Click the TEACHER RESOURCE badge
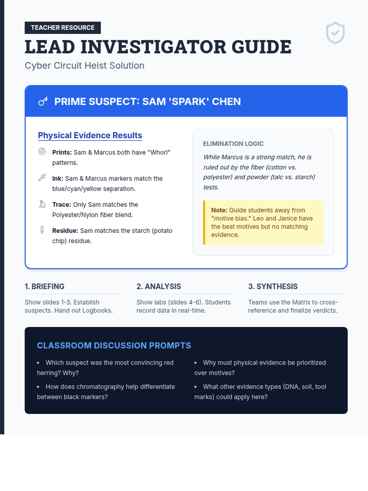click(x=63, y=28)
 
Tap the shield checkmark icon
click(x=335, y=33)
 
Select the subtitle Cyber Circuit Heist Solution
click(x=84, y=66)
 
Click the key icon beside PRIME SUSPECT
click(x=43, y=101)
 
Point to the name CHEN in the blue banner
click(x=226, y=102)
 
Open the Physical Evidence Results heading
click(x=90, y=136)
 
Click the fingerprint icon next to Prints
click(x=42, y=152)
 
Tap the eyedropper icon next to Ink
click(x=42, y=178)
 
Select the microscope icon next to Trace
click(x=42, y=204)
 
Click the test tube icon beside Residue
click(x=42, y=230)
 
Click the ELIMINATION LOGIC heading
click(x=233, y=144)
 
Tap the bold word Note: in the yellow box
click(x=219, y=210)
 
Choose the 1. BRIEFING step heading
click(x=44, y=287)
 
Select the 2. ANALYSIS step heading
click(x=159, y=287)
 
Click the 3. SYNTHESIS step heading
click(x=273, y=287)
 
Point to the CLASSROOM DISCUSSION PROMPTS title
click(x=114, y=346)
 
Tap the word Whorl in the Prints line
click(x=160, y=153)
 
